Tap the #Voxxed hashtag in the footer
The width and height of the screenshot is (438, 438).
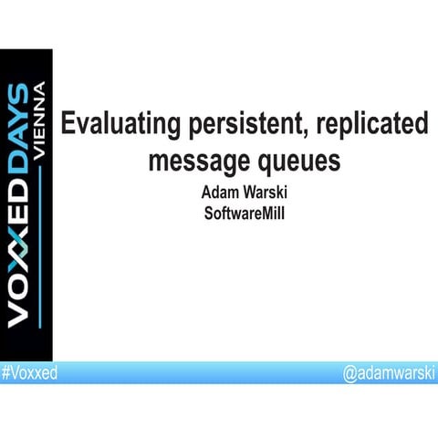click(28, 373)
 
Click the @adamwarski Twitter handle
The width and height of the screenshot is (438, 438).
click(389, 373)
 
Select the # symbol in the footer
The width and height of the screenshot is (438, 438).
click(5, 373)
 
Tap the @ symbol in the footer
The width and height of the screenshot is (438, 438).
click(349, 373)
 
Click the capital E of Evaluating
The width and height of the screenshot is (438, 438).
click(68, 124)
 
